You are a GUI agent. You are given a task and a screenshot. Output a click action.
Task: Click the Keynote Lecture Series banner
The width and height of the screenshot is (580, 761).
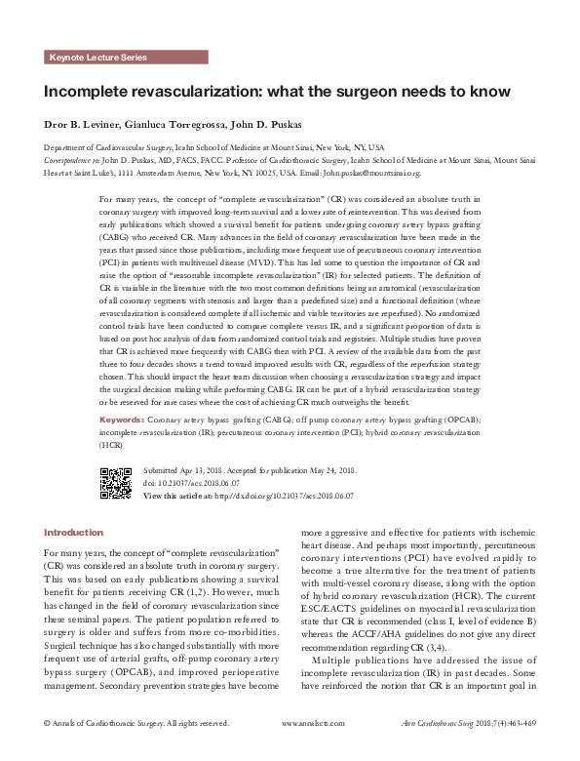tap(97, 58)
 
